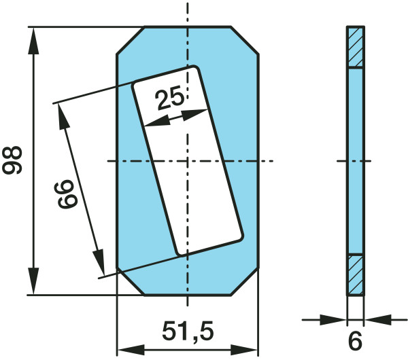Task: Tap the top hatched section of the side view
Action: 356,47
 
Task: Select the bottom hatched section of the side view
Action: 356,274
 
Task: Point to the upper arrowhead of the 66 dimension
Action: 64,115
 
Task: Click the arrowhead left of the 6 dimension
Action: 338,318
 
